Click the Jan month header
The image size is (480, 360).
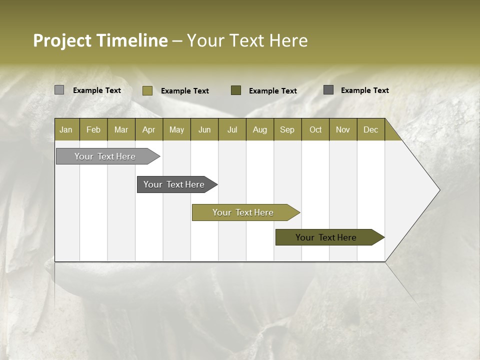pyautogui.click(x=66, y=130)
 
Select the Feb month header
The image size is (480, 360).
pyautogui.click(x=93, y=130)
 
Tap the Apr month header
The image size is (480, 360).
pyautogui.click(x=149, y=130)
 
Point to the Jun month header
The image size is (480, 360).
pyautogui.click(x=204, y=130)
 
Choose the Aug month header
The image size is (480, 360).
pyautogui.click(x=260, y=130)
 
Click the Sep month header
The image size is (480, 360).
pyautogui.click(x=287, y=130)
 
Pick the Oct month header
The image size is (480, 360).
pyautogui.click(x=315, y=130)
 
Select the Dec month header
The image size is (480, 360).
pyautogui.click(x=371, y=130)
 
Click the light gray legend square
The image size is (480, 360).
pyautogui.click(x=59, y=90)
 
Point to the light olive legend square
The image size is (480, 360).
pyautogui.click(x=147, y=90)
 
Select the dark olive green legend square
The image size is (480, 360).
pyautogui.click(x=236, y=90)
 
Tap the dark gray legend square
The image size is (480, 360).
pyautogui.click(x=328, y=90)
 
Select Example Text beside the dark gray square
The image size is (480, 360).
pyautogui.click(x=365, y=90)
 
